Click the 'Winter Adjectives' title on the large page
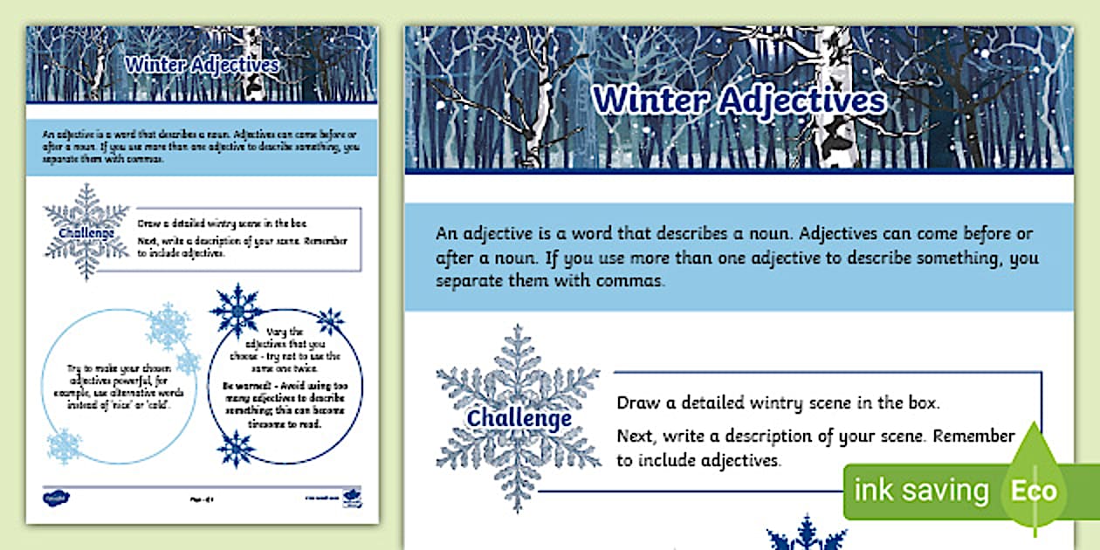click(x=739, y=101)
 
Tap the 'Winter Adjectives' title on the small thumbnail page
click(x=202, y=65)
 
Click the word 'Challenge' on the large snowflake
click(x=519, y=418)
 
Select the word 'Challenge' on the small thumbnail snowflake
click(x=86, y=233)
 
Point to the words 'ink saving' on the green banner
click(x=920, y=491)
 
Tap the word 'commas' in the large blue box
click(x=633, y=282)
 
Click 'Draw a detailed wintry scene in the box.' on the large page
click(x=778, y=403)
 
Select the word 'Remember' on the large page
click(x=972, y=436)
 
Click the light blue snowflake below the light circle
click(x=64, y=445)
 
